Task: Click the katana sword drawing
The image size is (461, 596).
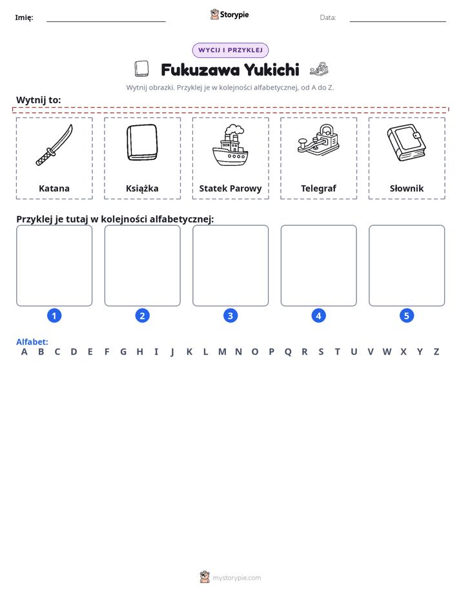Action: tap(54, 146)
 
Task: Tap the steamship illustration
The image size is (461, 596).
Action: tap(230, 145)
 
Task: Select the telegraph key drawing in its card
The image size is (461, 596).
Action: tap(318, 139)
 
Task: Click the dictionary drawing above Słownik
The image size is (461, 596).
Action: tap(406, 143)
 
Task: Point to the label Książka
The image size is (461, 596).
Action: tap(142, 188)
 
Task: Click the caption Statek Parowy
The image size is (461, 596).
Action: tap(230, 188)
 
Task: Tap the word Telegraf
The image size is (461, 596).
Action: tap(318, 188)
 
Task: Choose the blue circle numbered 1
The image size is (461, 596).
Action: tap(54, 315)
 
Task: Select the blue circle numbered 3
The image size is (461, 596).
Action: tap(230, 315)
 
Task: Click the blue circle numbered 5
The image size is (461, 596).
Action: tap(407, 315)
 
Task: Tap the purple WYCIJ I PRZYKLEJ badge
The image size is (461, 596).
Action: tap(230, 50)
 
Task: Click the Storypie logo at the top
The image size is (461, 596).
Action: tap(230, 14)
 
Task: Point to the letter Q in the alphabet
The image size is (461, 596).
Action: tap(288, 352)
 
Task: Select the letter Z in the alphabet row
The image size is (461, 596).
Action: tap(436, 352)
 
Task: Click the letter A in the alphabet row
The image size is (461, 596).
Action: tap(25, 352)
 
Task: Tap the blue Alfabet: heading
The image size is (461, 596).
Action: tap(32, 342)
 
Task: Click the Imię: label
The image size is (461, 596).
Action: tap(24, 17)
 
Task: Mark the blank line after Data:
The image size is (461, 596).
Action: tap(398, 21)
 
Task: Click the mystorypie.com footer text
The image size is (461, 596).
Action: tap(236, 578)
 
